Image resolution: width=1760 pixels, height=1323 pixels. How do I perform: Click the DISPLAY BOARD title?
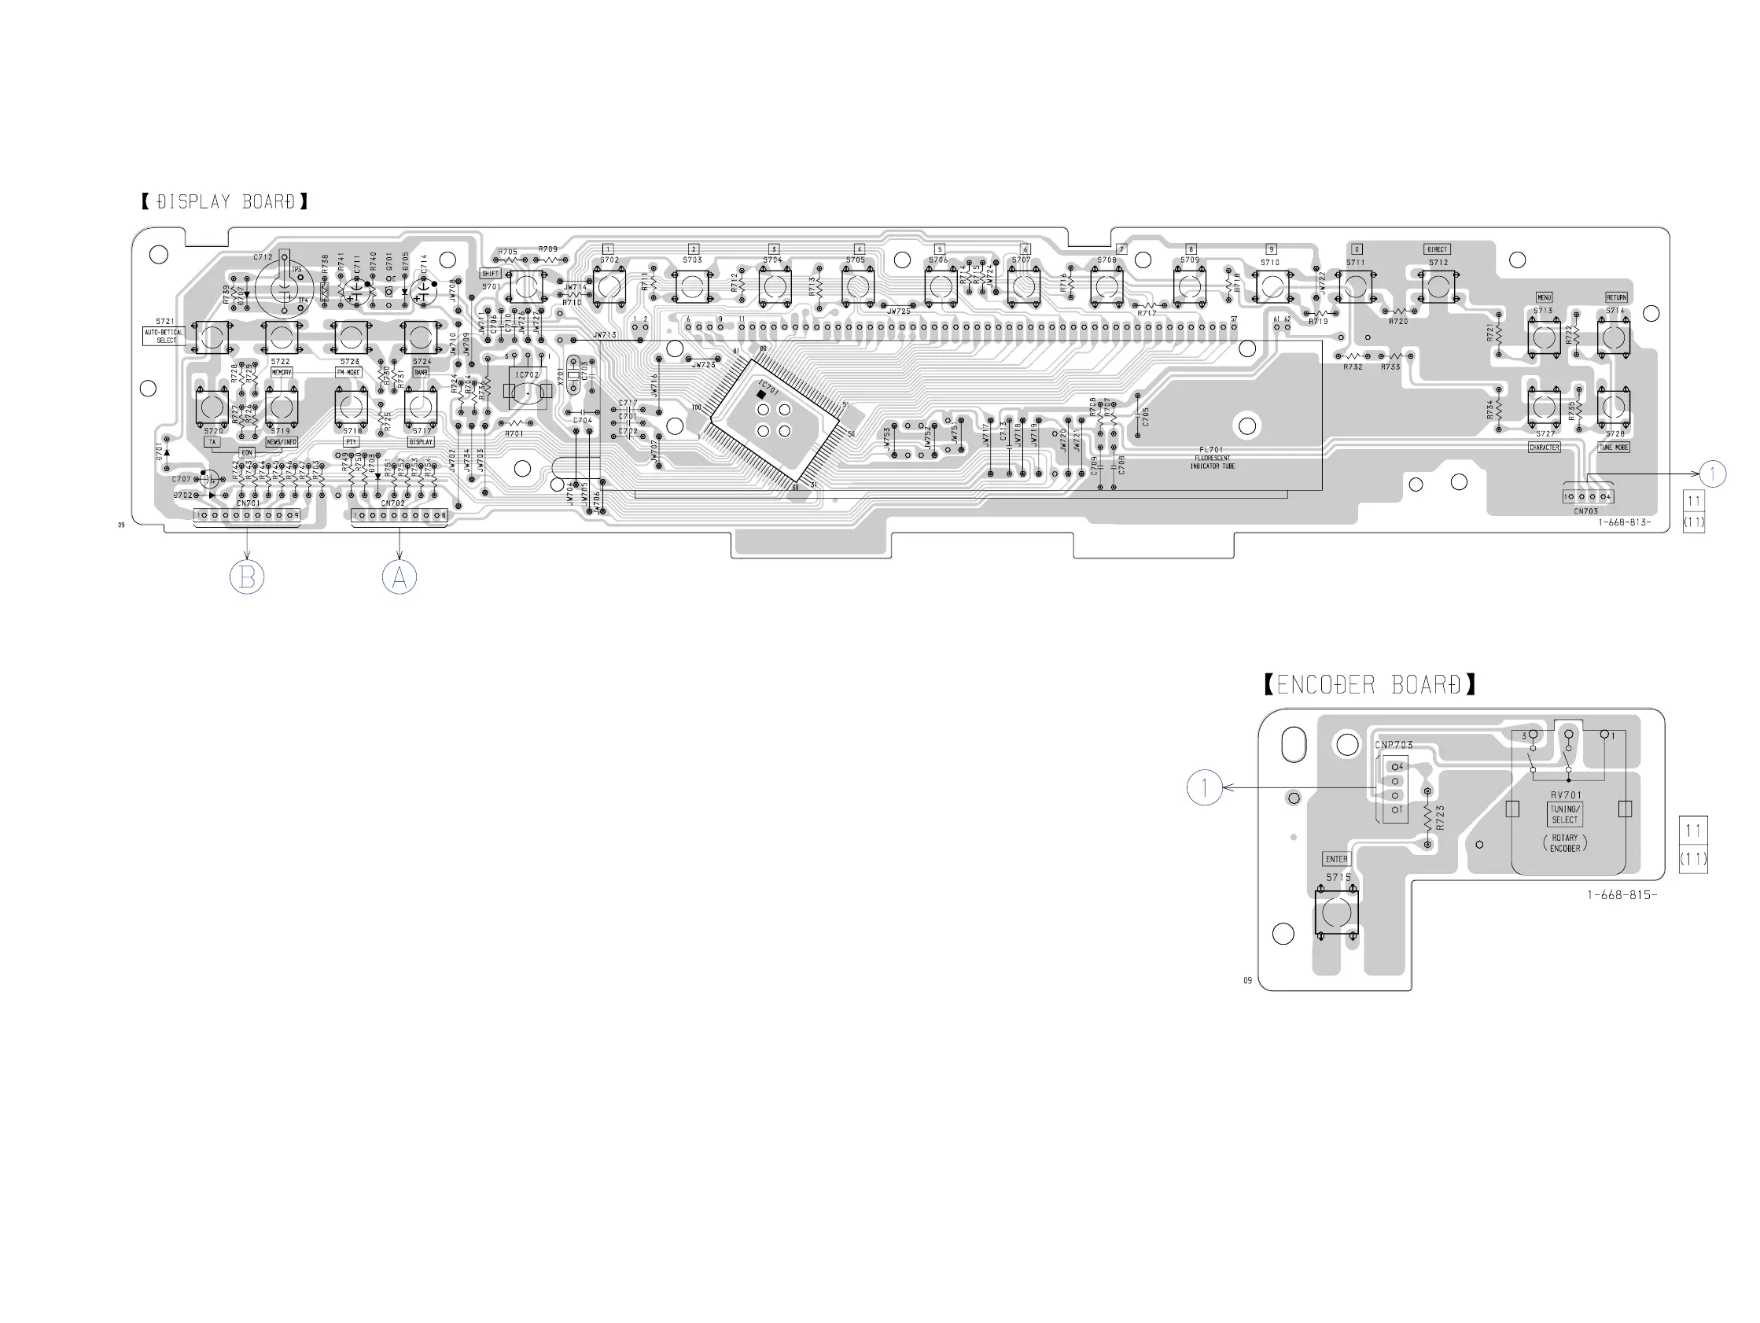pyautogui.click(x=224, y=202)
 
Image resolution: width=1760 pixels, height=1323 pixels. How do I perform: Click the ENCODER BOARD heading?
pyautogui.click(x=1368, y=684)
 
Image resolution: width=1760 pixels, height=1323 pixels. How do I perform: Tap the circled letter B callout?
pyautogui.click(x=247, y=577)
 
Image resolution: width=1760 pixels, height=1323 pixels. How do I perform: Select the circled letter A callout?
pyautogui.click(x=399, y=577)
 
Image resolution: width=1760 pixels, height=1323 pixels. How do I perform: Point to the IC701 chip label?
pyautogui.click(x=768, y=389)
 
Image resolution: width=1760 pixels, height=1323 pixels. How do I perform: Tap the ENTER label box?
pyautogui.click(x=1337, y=859)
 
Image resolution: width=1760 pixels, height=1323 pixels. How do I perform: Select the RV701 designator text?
pyautogui.click(x=1566, y=795)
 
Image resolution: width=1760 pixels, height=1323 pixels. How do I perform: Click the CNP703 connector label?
pyautogui.click(x=1394, y=745)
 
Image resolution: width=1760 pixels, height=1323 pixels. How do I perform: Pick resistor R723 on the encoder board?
pyautogui.click(x=1428, y=816)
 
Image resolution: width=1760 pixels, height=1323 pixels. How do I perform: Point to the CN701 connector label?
pyautogui.click(x=249, y=503)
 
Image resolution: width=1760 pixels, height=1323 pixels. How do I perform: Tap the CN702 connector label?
pyautogui.click(x=393, y=503)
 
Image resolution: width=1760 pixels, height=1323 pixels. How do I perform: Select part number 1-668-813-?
pyautogui.click(x=1625, y=523)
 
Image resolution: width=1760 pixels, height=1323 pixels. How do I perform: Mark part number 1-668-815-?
pyautogui.click(x=1622, y=895)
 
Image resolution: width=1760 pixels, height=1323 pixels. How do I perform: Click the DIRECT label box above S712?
pyautogui.click(x=1437, y=249)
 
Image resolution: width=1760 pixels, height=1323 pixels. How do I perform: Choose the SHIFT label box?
pyautogui.click(x=490, y=274)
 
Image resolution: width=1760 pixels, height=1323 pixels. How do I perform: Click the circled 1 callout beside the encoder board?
pyautogui.click(x=1205, y=787)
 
